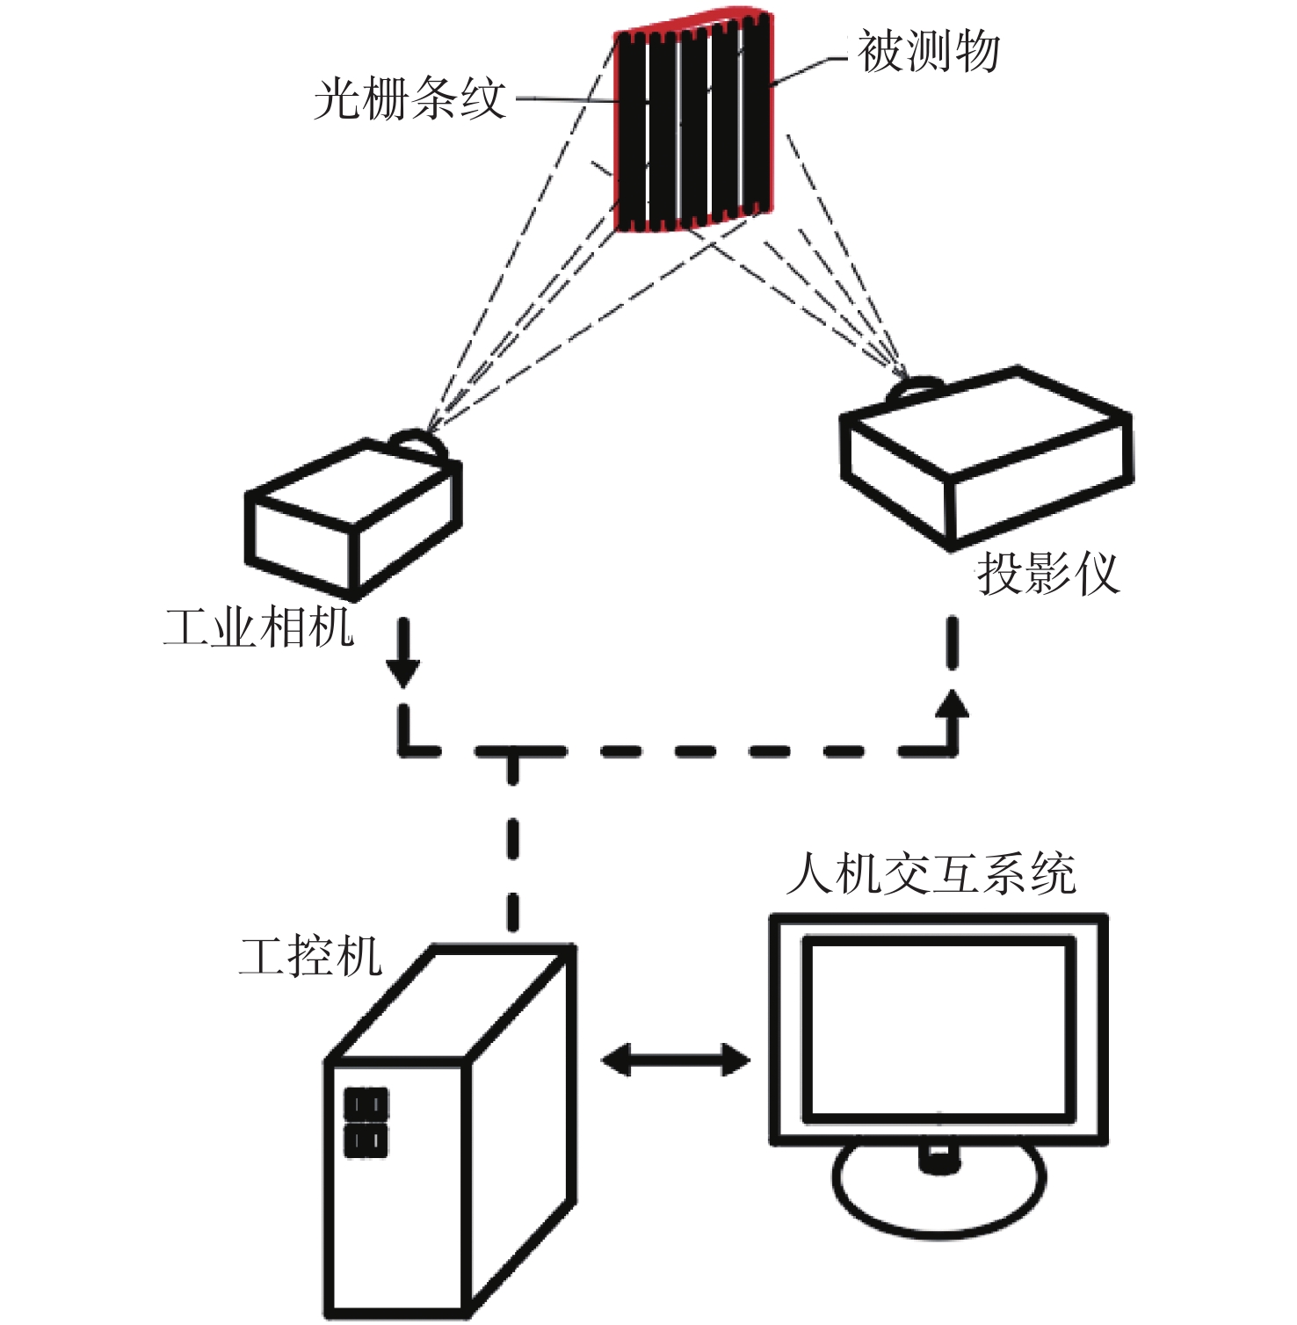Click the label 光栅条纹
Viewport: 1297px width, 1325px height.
[410, 98]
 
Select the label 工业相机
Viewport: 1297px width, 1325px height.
[259, 627]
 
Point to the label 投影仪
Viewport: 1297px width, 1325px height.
[1048, 573]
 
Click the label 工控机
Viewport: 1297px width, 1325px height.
[311, 956]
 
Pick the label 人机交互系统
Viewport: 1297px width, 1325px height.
[931, 873]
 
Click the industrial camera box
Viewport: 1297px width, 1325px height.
[351, 518]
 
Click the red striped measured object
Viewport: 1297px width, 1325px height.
[694, 123]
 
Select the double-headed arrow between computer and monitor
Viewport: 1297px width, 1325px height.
[675, 1059]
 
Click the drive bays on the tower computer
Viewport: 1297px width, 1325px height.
[366, 1122]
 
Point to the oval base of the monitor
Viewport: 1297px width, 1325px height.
[938, 1191]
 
